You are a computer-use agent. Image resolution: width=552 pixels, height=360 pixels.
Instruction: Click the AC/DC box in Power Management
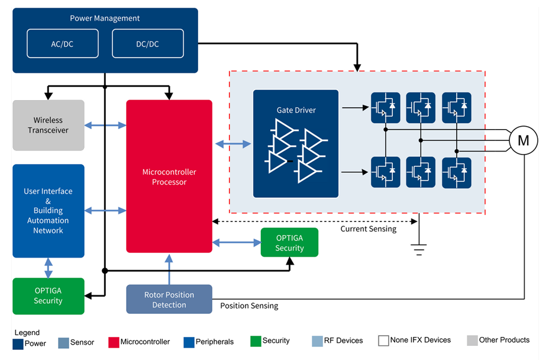pyautogui.click(x=62, y=44)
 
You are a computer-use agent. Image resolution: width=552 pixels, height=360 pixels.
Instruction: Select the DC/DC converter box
pyautogui.click(x=147, y=44)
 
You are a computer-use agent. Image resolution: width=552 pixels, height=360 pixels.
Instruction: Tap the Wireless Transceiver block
pyautogui.click(x=49, y=126)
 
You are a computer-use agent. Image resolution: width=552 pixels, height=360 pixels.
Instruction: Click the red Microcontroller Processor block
pyautogui.click(x=169, y=176)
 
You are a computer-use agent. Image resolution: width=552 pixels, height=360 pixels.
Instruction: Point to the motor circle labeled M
pyautogui.click(x=523, y=140)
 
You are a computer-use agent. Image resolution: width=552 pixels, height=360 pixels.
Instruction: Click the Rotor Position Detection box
pyautogui.click(x=169, y=300)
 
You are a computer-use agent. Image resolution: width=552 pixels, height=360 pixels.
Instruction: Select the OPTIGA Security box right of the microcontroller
pyautogui.click(x=289, y=243)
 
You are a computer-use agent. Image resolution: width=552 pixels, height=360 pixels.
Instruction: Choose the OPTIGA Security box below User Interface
pyautogui.click(x=49, y=296)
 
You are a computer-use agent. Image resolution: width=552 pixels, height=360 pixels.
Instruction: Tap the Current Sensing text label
pyautogui.click(x=368, y=229)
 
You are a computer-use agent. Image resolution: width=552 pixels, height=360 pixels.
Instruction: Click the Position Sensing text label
pyautogui.click(x=249, y=306)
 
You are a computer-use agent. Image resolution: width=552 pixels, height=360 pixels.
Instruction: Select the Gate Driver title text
pyautogui.click(x=296, y=110)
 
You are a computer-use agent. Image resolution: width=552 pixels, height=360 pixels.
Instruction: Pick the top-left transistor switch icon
pyautogui.click(x=386, y=107)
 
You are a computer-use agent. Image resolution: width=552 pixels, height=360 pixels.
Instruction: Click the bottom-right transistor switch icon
pyautogui.click(x=456, y=172)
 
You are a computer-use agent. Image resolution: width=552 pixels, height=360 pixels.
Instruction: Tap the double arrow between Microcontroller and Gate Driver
pyautogui.click(x=233, y=143)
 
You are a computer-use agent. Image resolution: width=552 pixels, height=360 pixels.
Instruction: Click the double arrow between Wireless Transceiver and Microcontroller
pyautogui.click(x=105, y=126)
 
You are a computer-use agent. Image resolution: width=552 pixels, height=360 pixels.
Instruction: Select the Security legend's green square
pyautogui.click(x=256, y=341)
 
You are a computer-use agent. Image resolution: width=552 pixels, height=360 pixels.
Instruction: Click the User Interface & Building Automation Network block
pyautogui.click(x=49, y=211)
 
